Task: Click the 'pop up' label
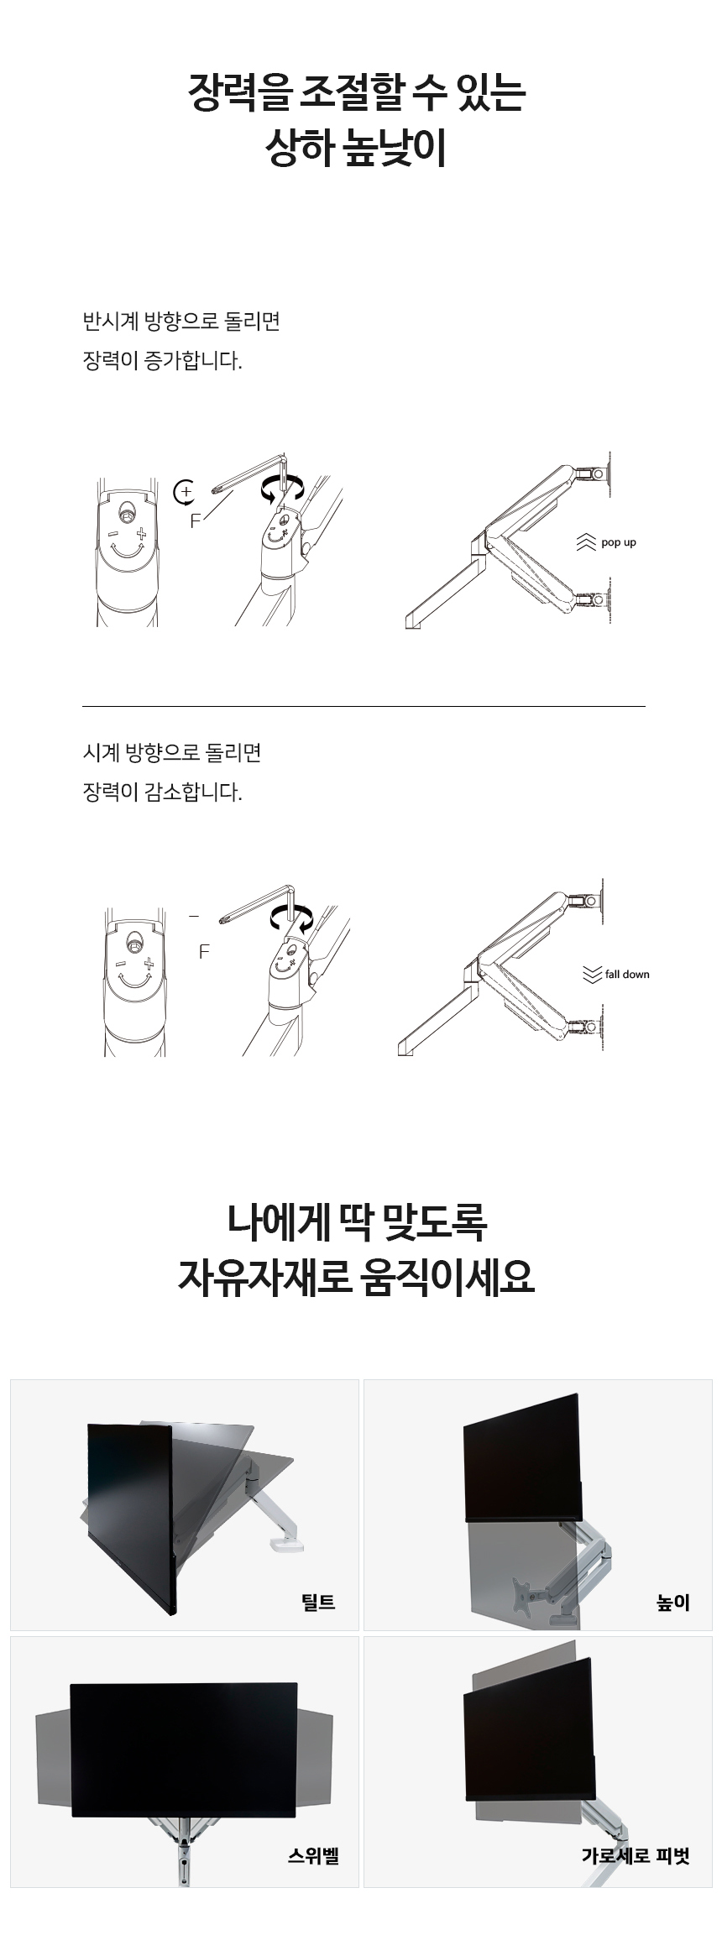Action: coord(619,542)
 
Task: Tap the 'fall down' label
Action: coord(627,974)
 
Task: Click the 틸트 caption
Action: coord(318,1602)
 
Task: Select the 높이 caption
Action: coord(673,1602)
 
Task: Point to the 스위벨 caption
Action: coord(313,1855)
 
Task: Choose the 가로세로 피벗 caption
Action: coord(636,1855)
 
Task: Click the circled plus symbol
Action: coord(184,491)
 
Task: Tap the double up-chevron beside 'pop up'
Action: coord(586,542)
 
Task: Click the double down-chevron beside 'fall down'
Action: coord(592,974)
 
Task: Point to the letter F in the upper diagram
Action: coord(196,521)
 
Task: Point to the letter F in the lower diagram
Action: coord(203,952)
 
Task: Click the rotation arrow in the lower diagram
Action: coord(290,920)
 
